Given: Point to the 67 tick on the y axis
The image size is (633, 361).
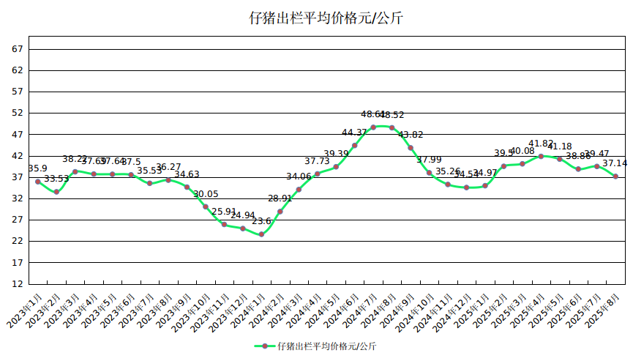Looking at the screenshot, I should coord(18,49).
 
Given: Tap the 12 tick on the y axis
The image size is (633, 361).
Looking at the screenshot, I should coord(18,283).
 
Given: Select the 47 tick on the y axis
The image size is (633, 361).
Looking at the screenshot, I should coord(18,135).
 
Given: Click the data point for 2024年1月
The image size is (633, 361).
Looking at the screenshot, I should coord(261,234).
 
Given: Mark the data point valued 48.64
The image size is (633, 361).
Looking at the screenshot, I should coord(373,127).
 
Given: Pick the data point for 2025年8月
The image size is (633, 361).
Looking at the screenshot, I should coord(615,176).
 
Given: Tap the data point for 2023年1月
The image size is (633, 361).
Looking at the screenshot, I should coord(38,182).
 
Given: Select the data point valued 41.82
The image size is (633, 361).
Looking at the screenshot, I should coord(541,156).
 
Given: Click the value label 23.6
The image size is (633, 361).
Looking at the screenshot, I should coord(261,221).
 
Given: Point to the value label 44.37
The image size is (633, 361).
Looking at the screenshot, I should coord(354,133).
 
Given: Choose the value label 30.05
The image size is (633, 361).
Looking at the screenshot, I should coord(206,194).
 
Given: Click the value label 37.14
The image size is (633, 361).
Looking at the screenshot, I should coord(615,163).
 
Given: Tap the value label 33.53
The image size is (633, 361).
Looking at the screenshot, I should coord(56,179).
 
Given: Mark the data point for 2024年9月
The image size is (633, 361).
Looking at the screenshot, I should coord(411,148).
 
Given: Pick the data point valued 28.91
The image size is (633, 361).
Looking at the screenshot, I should coord(280,212).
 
